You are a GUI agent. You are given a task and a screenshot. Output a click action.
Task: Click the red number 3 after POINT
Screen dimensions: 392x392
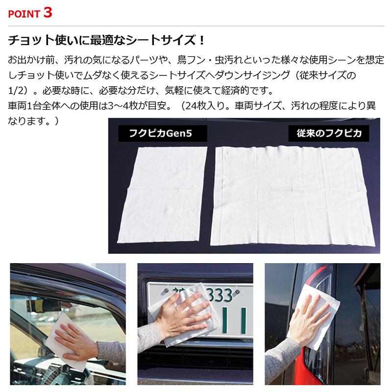[x=48, y=12]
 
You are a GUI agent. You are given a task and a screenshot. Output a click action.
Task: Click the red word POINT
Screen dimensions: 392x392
[x=24, y=14]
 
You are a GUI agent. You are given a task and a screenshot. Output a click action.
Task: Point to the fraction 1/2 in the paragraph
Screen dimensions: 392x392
[x=16, y=91]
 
